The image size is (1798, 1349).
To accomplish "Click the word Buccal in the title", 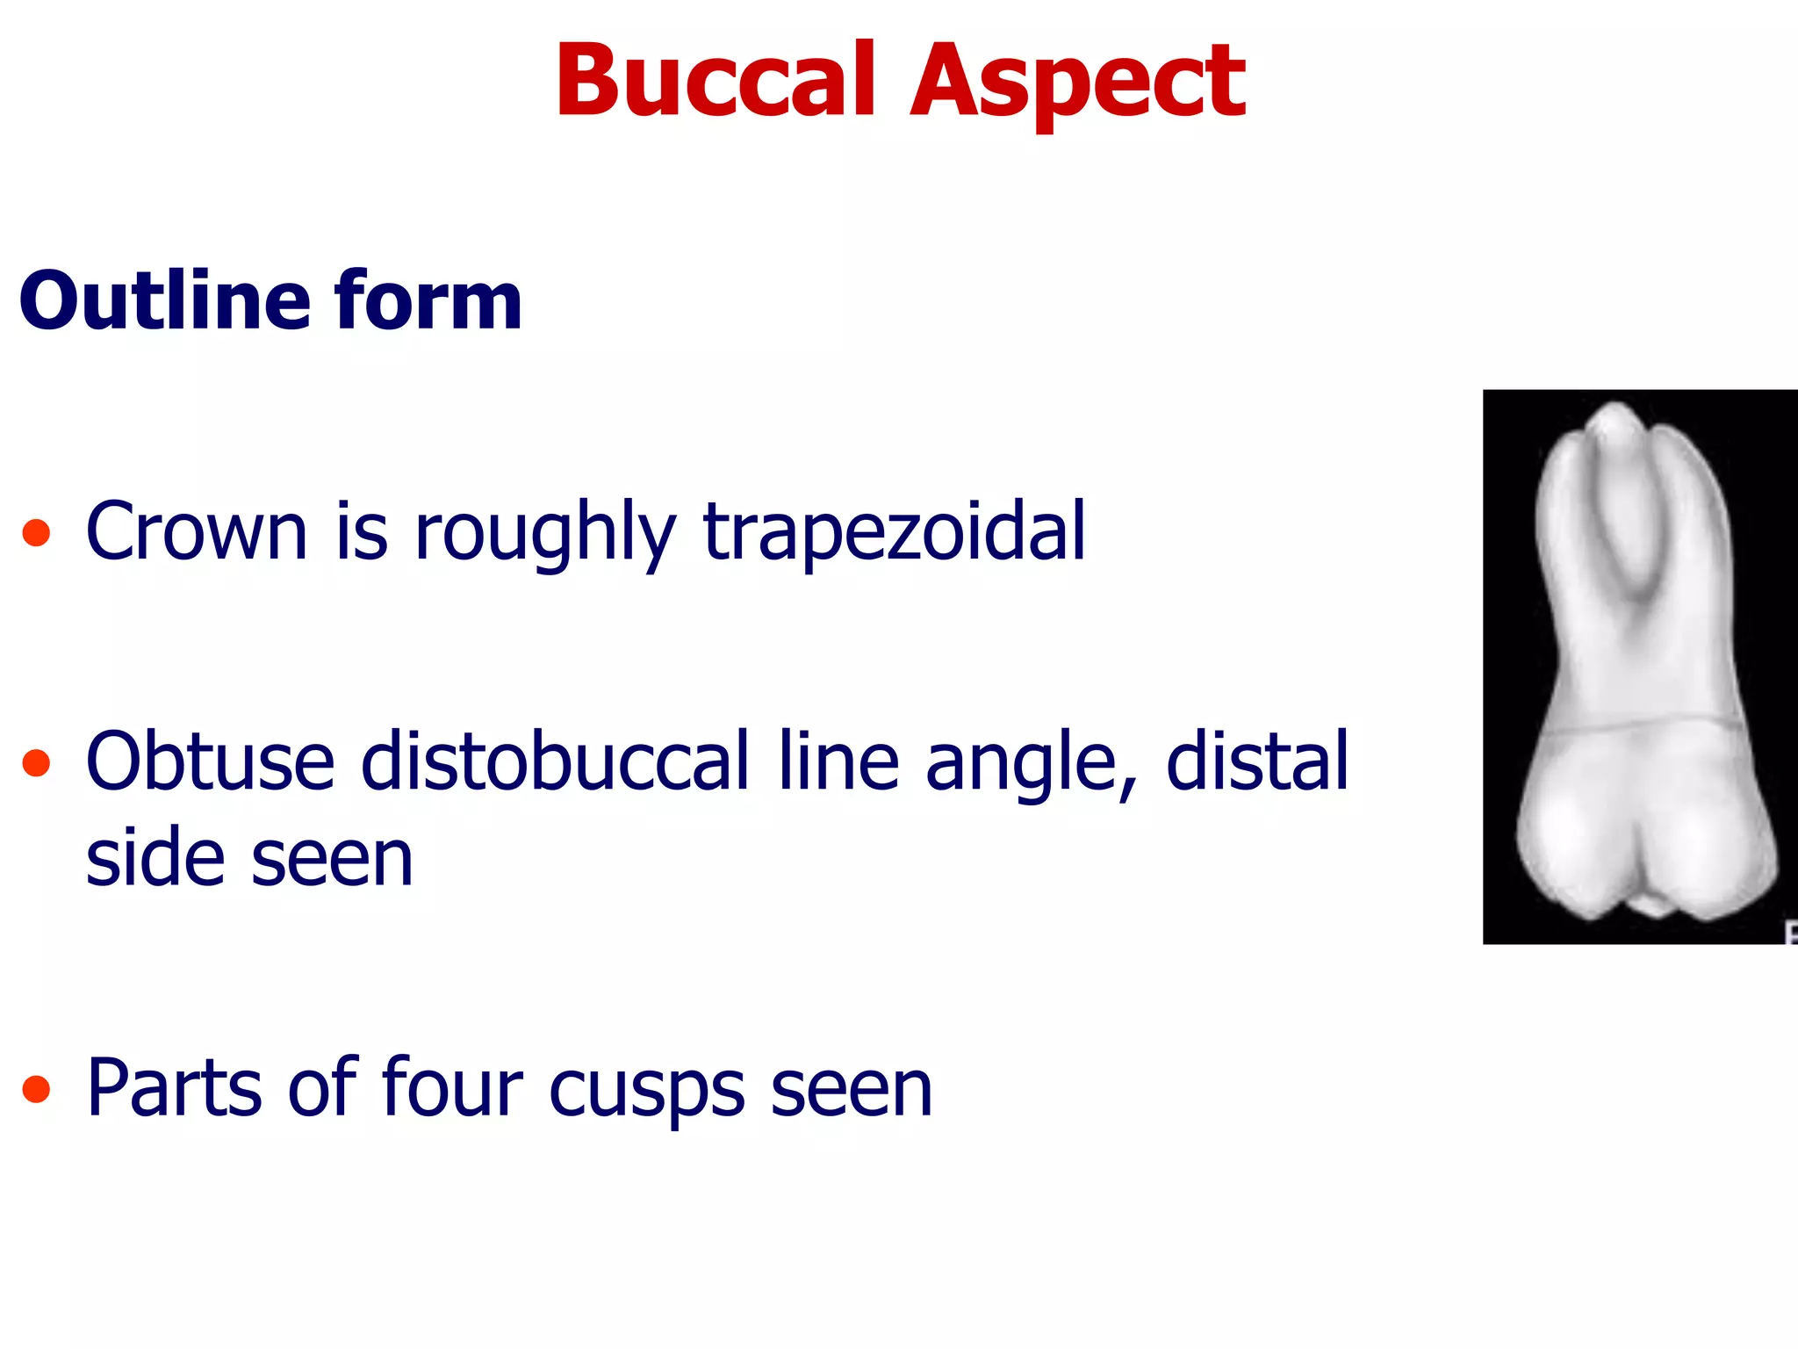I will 716,81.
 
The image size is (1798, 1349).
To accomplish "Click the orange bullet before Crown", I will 36,532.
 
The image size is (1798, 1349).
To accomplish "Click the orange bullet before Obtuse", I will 36,762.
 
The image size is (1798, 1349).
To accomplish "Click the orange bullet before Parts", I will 36,1089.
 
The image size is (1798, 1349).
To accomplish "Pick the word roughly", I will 544,532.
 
